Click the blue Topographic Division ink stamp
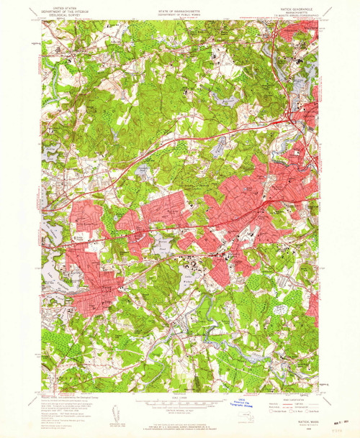pyautogui.click(x=238, y=403)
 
